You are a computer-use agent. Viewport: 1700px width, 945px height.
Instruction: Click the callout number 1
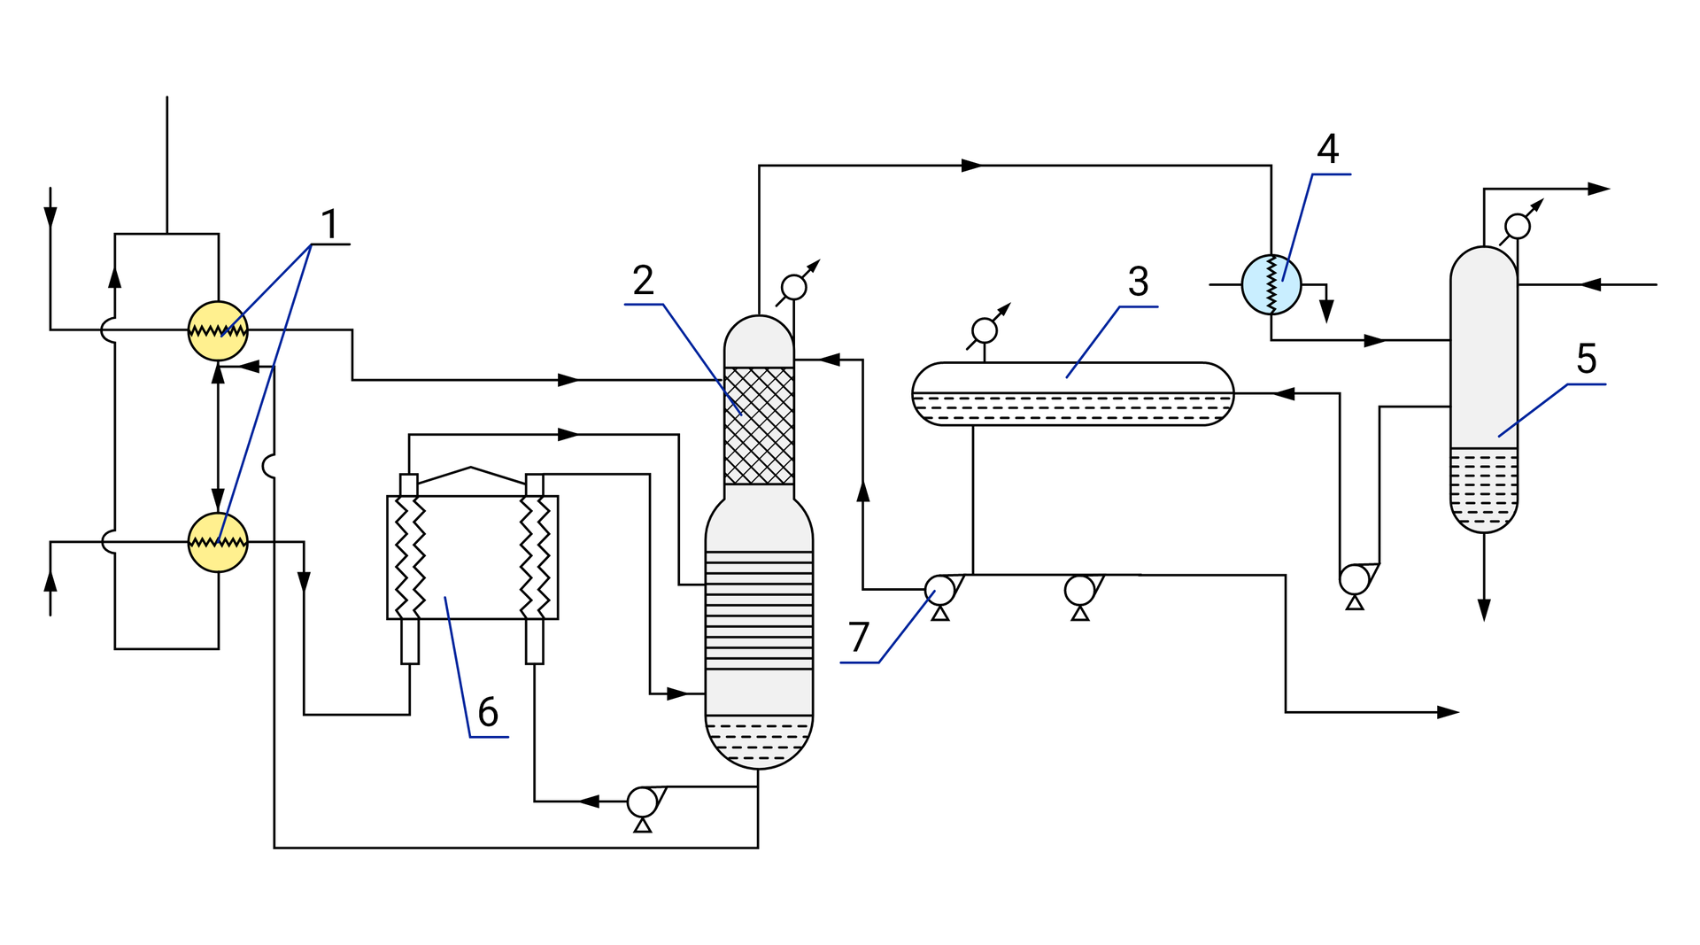(329, 224)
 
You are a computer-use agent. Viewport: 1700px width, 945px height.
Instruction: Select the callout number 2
(644, 281)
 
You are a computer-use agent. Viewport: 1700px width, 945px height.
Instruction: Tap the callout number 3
(1139, 282)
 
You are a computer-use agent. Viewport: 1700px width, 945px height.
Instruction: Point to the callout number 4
(1327, 149)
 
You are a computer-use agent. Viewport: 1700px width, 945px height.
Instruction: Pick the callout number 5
(1587, 359)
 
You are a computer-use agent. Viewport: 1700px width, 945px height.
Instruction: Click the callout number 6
(488, 712)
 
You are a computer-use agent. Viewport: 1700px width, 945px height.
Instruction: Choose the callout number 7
(859, 637)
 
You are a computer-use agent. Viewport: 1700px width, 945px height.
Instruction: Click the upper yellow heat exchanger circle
(218, 330)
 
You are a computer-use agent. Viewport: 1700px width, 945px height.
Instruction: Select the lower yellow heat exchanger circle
(218, 542)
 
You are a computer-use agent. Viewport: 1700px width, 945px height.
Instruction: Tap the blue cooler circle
(1271, 284)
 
